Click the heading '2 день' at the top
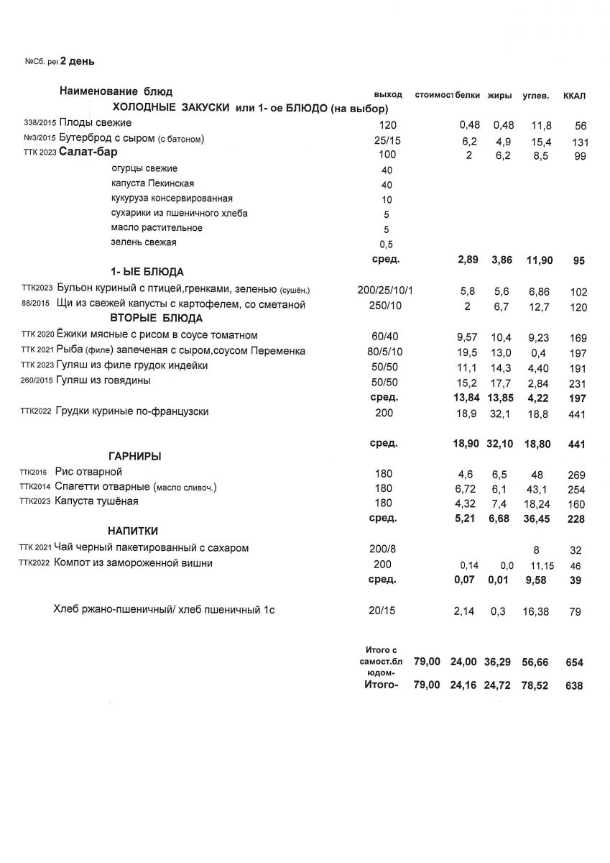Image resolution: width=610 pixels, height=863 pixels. pyautogui.click(x=77, y=61)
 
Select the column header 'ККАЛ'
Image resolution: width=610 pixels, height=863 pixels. pyautogui.click(x=576, y=96)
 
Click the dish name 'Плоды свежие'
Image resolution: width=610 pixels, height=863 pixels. pyautogui.click(x=95, y=123)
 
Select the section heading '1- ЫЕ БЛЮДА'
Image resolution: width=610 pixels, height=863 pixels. pyautogui.click(x=147, y=272)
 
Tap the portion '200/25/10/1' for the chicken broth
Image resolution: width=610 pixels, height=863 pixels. pyautogui.click(x=387, y=291)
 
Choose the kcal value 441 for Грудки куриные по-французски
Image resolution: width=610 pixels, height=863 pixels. pyautogui.click(x=576, y=415)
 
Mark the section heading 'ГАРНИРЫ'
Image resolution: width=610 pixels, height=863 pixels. pyautogui.click(x=134, y=457)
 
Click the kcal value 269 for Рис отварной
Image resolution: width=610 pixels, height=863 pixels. pyautogui.click(x=576, y=475)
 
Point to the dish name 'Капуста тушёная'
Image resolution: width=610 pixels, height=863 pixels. pyautogui.click(x=97, y=501)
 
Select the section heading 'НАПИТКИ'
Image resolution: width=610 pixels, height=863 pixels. pyautogui.click(x=133, y=531)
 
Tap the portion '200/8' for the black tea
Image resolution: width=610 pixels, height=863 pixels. pyautogui.click(x=382, y=549)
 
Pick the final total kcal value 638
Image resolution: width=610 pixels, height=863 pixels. pyautogui.click(x=575, y=687)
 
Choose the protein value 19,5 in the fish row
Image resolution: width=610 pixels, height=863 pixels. pyautogui.click(x=467, y=352)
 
